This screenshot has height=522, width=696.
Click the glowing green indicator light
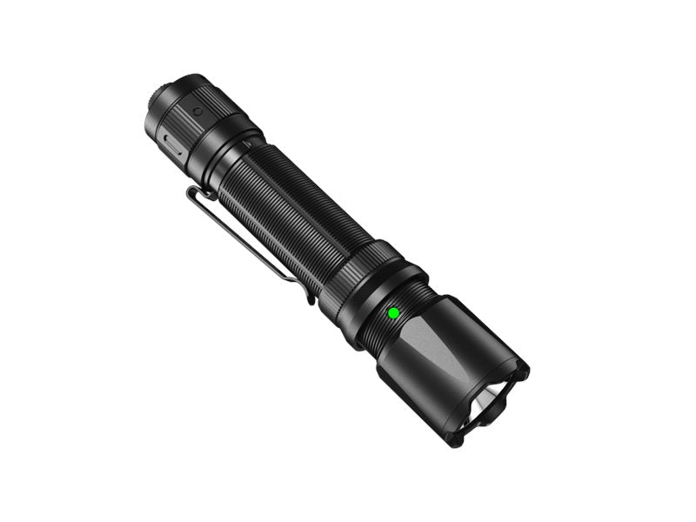coord(392,312)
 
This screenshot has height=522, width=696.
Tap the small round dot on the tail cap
coord(197,111)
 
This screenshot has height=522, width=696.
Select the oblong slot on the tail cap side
coord(171,144)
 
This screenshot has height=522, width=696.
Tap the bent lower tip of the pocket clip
coord(311,296)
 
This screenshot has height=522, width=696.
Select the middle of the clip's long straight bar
coord(248,244)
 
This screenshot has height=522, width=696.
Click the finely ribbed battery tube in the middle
coord(287,209)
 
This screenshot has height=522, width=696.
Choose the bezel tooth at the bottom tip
coord(456,439)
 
